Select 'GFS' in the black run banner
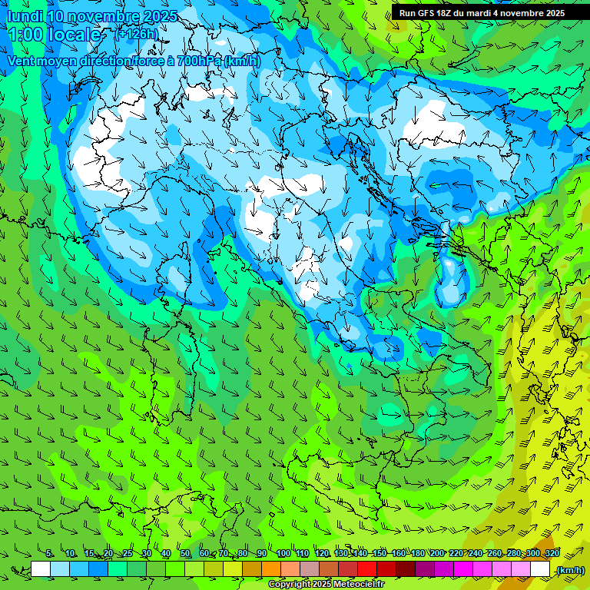coord(426,13)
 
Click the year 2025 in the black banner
coord(549,13)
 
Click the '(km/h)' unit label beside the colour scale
coord(569,570)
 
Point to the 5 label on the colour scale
coord(49,554)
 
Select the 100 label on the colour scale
coord(283,554)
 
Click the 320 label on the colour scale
coord(552,554)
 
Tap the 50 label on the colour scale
coord(185,554)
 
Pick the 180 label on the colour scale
coord(417,554)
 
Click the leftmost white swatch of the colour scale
coord(41,569)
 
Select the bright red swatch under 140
coord(367,569)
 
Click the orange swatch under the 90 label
coord(271,569)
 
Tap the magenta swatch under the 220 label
coord(463,569)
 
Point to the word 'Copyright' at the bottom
coord(288,584)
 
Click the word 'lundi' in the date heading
coord(24,16)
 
